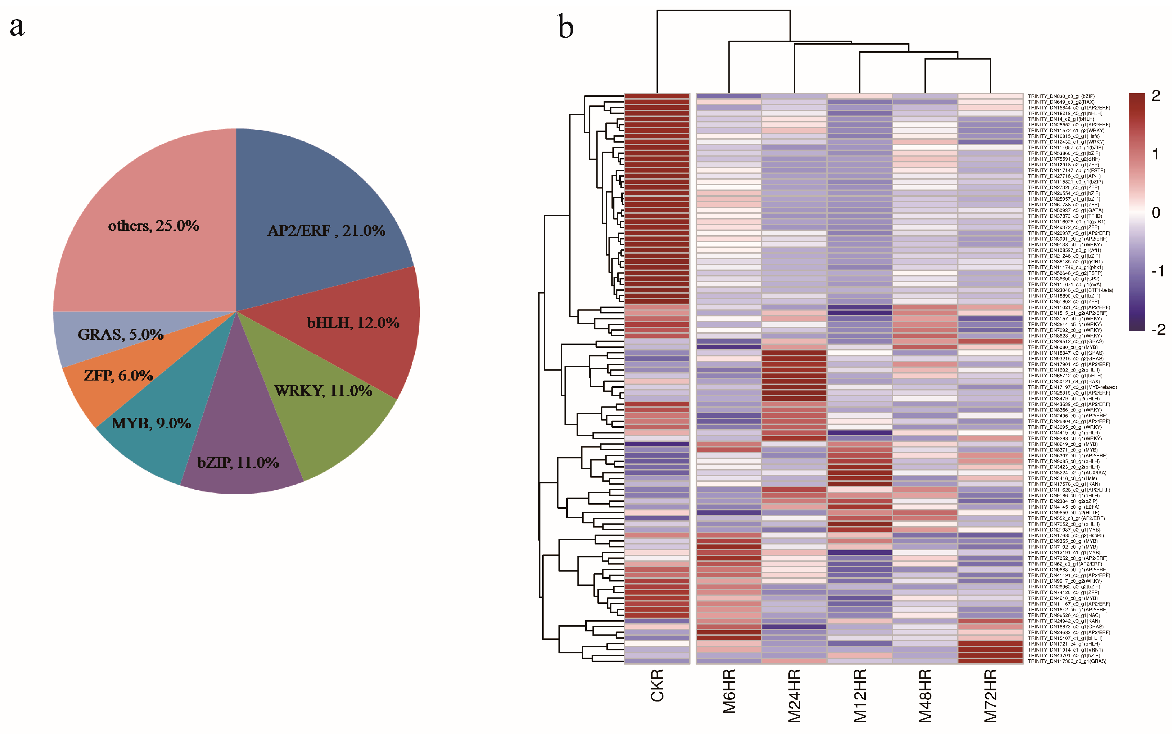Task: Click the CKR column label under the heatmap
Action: coord(657,686)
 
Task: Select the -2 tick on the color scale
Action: coord(1158,330)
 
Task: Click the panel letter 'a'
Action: coord(17,27)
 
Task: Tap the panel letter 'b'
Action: coord(565,27)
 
